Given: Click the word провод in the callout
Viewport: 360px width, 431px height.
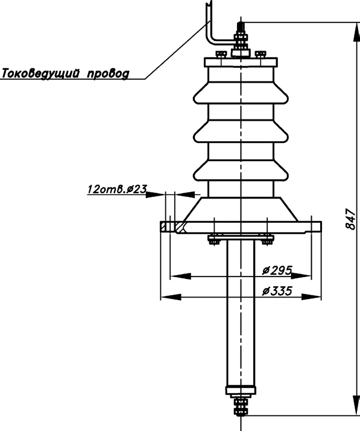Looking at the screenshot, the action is pos(108,74).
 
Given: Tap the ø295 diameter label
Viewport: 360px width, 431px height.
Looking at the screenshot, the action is pos(277,270).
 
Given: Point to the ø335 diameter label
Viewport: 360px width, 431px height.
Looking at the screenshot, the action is pos(277,291).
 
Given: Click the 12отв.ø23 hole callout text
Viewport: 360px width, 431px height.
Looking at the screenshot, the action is pos(117,189).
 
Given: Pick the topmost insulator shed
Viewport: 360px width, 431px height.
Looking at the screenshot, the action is pos(241,93).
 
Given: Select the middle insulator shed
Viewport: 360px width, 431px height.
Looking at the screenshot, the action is pos(241,132).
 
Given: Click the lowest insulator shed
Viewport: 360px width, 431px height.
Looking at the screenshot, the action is pos(241,170).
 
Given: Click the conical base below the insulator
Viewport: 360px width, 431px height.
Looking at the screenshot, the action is pos(241,209).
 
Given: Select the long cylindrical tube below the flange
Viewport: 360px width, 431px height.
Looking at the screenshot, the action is pos(241,313).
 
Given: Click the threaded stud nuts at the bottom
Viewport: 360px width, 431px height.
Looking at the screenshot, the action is pos(241,407).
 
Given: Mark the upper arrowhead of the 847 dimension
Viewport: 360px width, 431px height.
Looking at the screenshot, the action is pos(357,32).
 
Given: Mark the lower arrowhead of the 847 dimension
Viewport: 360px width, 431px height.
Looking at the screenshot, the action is pos(357,406).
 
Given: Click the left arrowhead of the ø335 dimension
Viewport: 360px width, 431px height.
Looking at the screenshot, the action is pos(171,297).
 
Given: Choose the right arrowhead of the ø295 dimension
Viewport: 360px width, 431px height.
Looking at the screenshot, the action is pos(301,276).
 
